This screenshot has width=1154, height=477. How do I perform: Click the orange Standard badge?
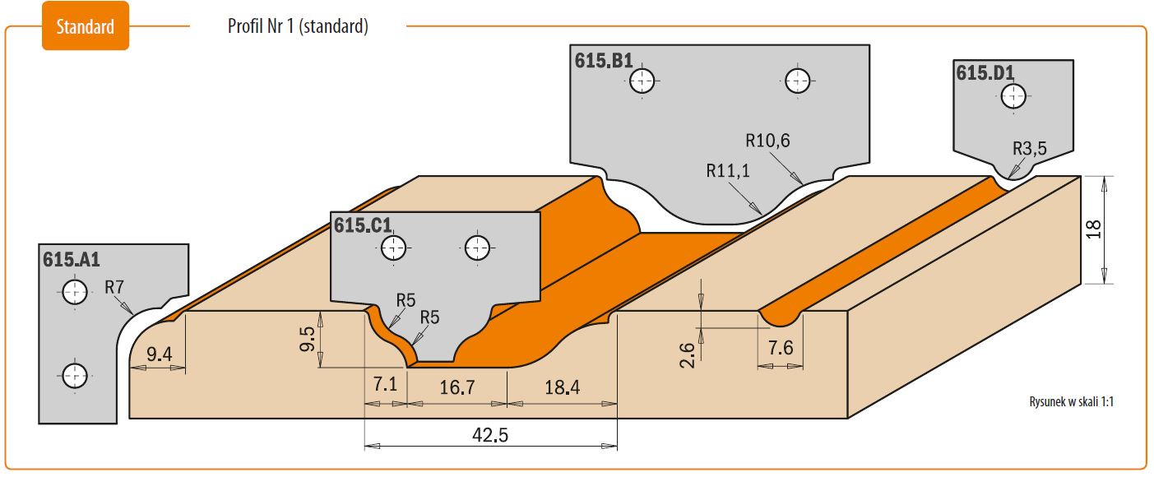(86, 25)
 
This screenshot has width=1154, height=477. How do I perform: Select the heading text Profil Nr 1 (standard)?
(298, 25)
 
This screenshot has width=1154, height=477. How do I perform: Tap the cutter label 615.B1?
(603, 61)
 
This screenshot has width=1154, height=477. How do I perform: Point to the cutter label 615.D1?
(985, 72)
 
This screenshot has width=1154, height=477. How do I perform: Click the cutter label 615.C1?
(363, 225)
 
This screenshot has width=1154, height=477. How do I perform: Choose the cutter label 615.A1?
(71, 259)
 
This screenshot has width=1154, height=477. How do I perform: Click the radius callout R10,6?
(767, 141)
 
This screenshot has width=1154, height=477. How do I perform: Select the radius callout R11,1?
(727, 170)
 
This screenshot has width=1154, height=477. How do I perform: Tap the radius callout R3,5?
(1029, 148)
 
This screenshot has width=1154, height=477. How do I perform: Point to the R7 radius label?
(114, 287)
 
